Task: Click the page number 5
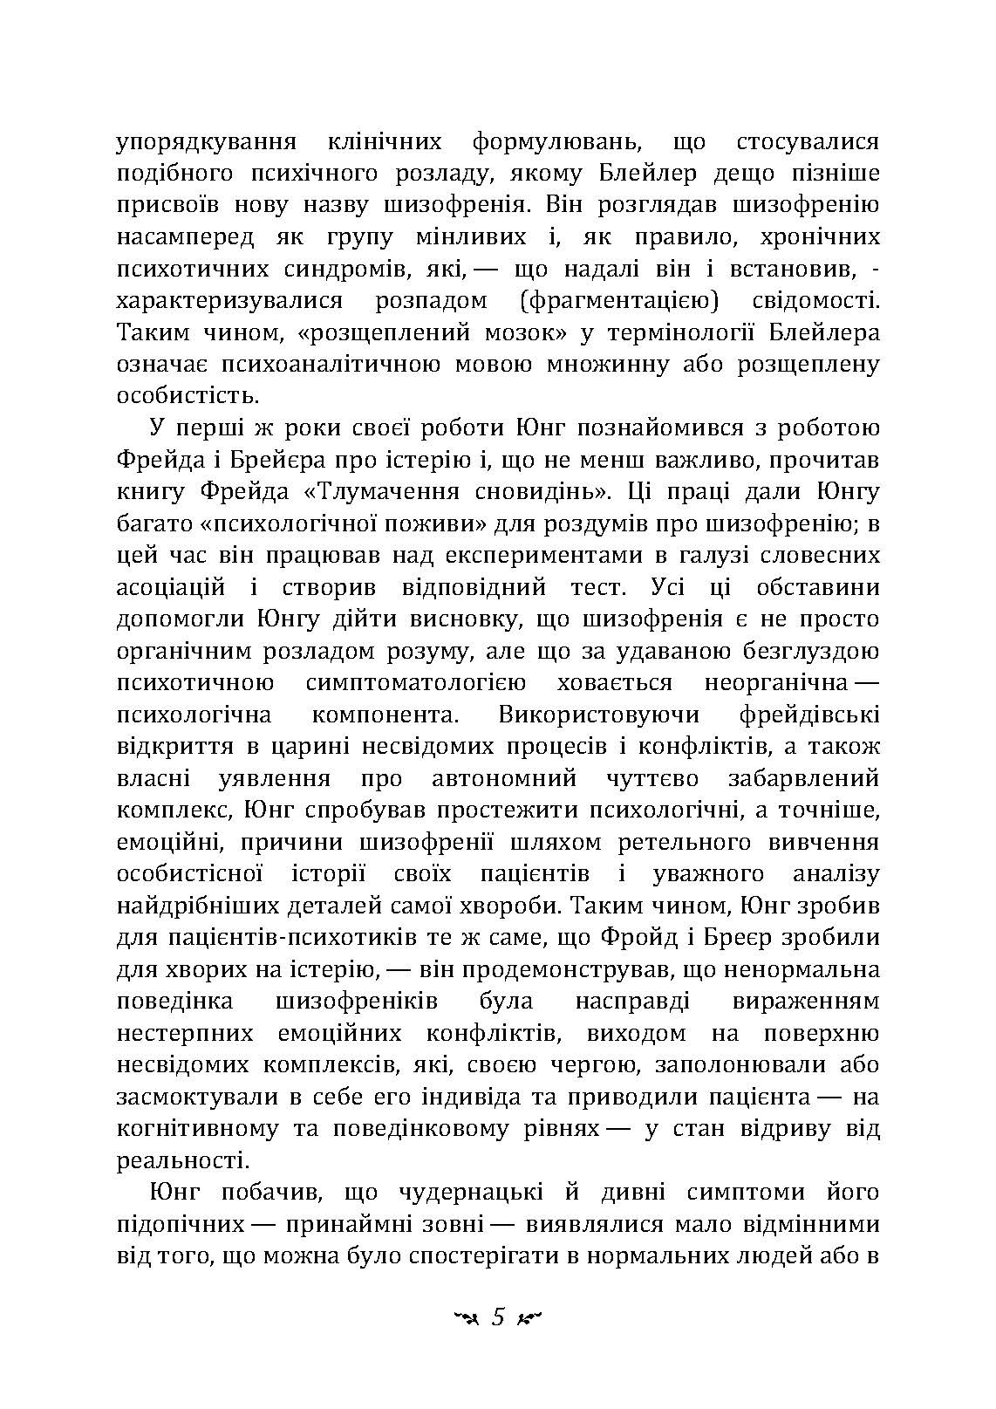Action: tap(498, 1317)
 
